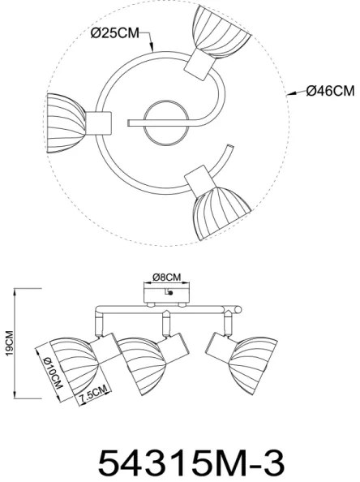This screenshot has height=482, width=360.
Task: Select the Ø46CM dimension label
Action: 328,92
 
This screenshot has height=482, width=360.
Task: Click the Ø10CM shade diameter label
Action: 55,373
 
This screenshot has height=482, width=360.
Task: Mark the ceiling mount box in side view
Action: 167,291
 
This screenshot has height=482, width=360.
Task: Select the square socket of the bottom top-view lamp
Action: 197,178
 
